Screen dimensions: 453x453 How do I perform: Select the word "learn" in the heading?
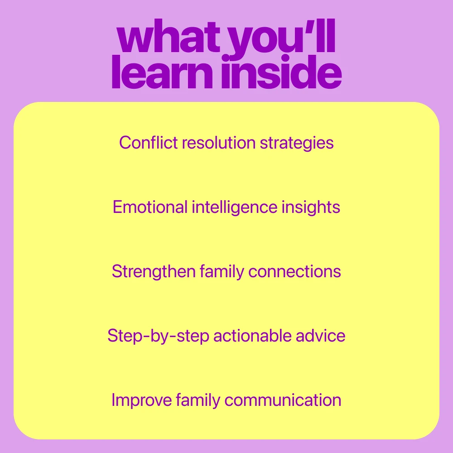pos(162,72)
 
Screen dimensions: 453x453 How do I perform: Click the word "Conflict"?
pos(148,142)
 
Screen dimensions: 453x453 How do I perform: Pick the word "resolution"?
pos(219,142)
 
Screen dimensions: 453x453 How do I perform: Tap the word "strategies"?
pos(297,144)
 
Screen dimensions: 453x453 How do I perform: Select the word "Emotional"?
pos(150,207)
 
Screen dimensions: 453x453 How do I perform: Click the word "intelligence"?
pos(235,208)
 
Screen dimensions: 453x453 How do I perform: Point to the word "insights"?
pos(311,208)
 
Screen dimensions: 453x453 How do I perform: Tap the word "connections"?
pos(295,271)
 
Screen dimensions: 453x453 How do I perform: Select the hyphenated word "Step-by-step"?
pos(158,337)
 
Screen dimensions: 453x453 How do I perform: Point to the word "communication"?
pos(283,400)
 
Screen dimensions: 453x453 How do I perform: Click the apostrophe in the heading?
pos(310,24)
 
